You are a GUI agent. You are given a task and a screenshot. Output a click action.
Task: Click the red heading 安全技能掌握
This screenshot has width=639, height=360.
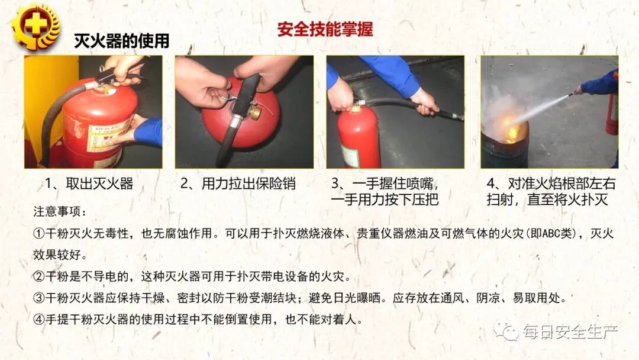[x=325, y=30]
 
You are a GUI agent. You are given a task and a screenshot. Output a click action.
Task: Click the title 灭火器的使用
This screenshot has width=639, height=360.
[x=121, y=41]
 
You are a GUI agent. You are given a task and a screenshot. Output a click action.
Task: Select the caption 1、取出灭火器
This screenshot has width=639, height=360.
[x=89, y=184]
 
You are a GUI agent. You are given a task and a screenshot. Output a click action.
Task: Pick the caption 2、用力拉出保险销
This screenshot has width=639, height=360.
[x=238, y=184]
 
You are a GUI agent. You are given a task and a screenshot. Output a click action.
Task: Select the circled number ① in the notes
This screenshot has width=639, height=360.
[x=39, y=234]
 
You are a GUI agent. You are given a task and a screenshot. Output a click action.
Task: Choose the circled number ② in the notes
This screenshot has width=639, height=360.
[x=39, y=277]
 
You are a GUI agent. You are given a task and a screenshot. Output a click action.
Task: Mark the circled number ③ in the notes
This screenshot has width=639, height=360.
[x=39, y=298]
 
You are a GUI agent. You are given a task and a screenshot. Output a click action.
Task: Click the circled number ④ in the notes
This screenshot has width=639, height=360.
[x=39, y=319]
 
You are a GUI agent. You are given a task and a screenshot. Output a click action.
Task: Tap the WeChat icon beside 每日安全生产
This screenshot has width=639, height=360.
[x=506, y=332]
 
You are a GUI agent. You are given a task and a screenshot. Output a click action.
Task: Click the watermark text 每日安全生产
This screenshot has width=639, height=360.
[x=570, y=332]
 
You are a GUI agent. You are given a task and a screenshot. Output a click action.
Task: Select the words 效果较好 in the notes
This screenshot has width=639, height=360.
[x=57, y=255]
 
